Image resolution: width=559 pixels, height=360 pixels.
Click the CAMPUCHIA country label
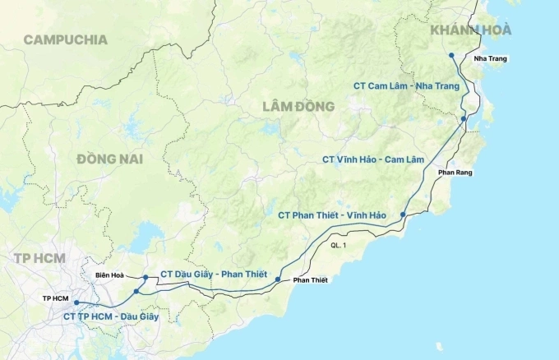tap(65, 39)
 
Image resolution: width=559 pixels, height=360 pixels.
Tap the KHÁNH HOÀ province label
tap(471, 30)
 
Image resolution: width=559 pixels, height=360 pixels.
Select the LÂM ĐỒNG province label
tap(298, 107)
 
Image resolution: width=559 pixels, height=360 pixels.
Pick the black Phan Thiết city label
tap(310, 280)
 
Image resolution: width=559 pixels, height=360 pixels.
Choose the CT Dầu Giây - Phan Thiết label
tap(214, 274)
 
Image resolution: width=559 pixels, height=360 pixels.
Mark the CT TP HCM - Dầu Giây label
tap(111, 316)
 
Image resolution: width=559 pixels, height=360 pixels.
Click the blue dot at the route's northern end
tap(451, 56)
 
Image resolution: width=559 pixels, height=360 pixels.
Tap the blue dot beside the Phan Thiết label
tap(278, 279)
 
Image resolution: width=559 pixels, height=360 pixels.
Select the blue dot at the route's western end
tap(76, 302)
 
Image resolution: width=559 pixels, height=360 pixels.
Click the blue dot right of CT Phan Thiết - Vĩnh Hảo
tap(403, 215)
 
